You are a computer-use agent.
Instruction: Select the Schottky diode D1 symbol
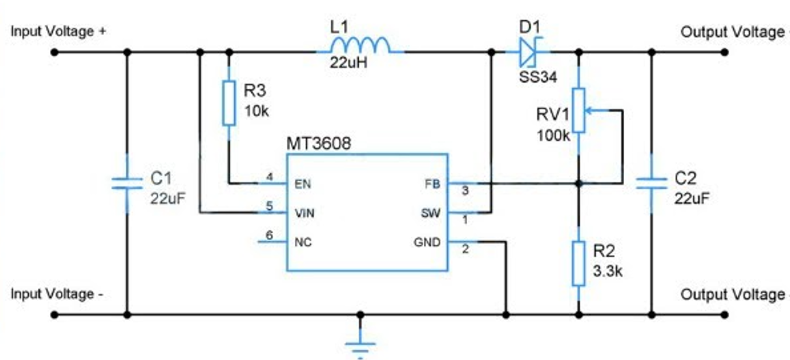[x=530, y=52]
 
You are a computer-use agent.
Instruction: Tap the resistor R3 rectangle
[x=229, y=102]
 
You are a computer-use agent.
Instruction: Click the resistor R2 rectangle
[x=579, y=264]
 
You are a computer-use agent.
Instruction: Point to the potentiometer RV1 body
[x=579, y=110]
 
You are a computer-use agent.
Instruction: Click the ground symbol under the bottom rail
[x=361, y=348]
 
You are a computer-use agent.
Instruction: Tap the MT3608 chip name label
[x=318, y=144]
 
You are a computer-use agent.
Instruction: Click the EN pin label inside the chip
[x=302, y=184]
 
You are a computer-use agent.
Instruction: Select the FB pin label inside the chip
[x=433, y=184]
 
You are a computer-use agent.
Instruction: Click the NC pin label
[x=302, y=243]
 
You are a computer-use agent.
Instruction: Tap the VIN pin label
[x=305, y=213]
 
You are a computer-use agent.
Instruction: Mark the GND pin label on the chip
[x=427, y=243]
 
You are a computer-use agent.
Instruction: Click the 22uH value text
[x=350, y=63]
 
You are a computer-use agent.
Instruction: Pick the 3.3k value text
[x=608, y=271]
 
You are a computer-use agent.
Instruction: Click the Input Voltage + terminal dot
[x=55, y=52]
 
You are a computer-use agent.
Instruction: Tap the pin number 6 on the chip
[x=270, y=235]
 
